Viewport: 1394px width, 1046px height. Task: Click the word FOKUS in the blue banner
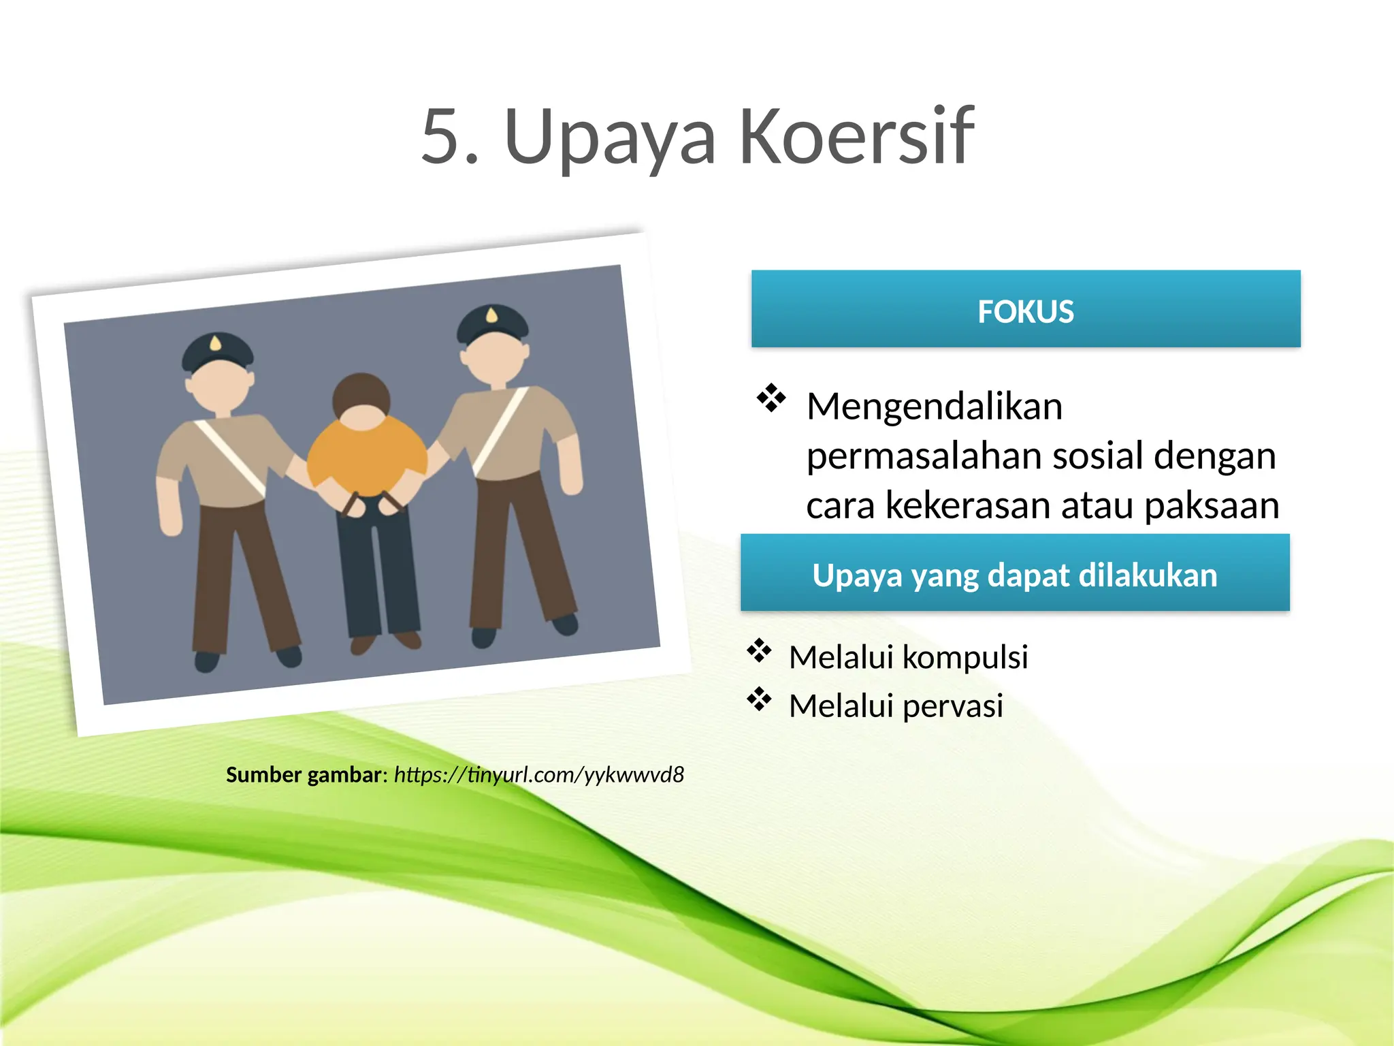[x=1025, y=311]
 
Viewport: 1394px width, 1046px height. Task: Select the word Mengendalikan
[x=934, y=407]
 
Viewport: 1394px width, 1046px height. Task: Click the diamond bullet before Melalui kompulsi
[x=759, y=651]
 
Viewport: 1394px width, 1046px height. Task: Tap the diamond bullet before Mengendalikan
[x=771, y=398]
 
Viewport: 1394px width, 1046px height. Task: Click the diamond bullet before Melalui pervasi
[x=759, y=699]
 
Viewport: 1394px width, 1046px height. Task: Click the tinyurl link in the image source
[x=538, y=775]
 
